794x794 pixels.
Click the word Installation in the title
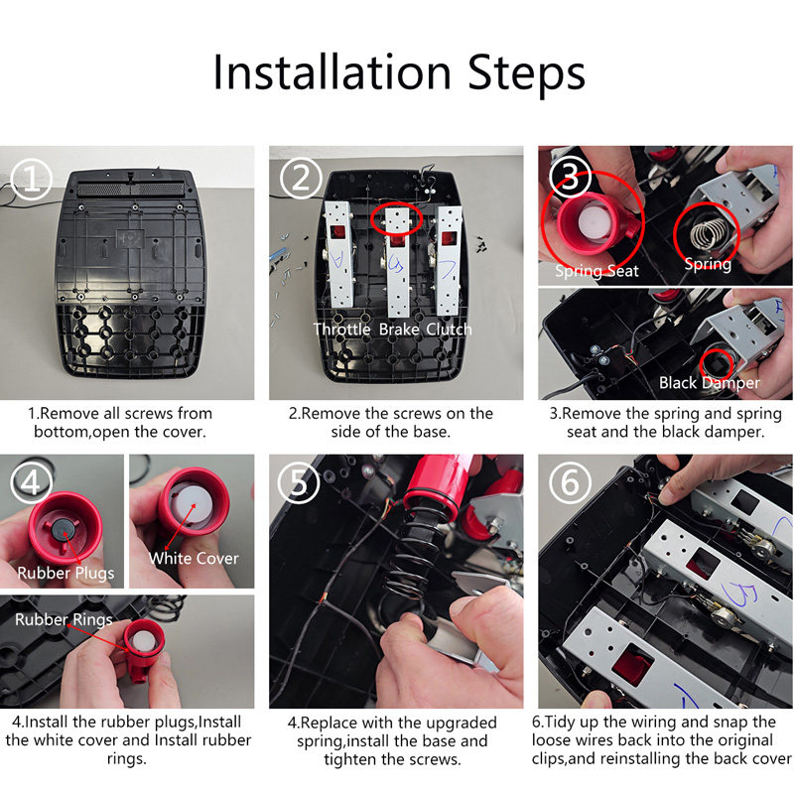(332, 72)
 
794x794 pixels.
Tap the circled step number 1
(32, 180)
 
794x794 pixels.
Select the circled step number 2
(301, 179)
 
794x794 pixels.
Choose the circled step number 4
(31, 482)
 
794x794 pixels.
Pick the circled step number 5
(299, 482)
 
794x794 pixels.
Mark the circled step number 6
(570, 482)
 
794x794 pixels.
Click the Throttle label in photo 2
(341, 330)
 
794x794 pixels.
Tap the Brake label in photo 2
(399, 330)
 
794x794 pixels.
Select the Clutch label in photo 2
(449, 330)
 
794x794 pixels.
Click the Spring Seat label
(596, 271)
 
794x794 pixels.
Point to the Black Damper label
(710, 383)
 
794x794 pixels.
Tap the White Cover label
(194, 558)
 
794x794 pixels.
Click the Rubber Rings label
(64, 619)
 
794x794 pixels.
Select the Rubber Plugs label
(66, 574)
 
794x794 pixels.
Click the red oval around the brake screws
(396, 218)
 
